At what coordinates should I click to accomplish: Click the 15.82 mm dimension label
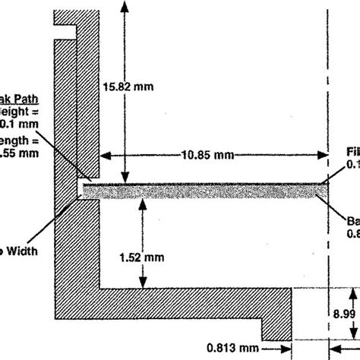tap(128, 87)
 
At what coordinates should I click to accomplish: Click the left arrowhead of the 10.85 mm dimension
tap(107, 155)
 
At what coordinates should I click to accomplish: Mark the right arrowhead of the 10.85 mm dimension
tap(322, 155)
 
